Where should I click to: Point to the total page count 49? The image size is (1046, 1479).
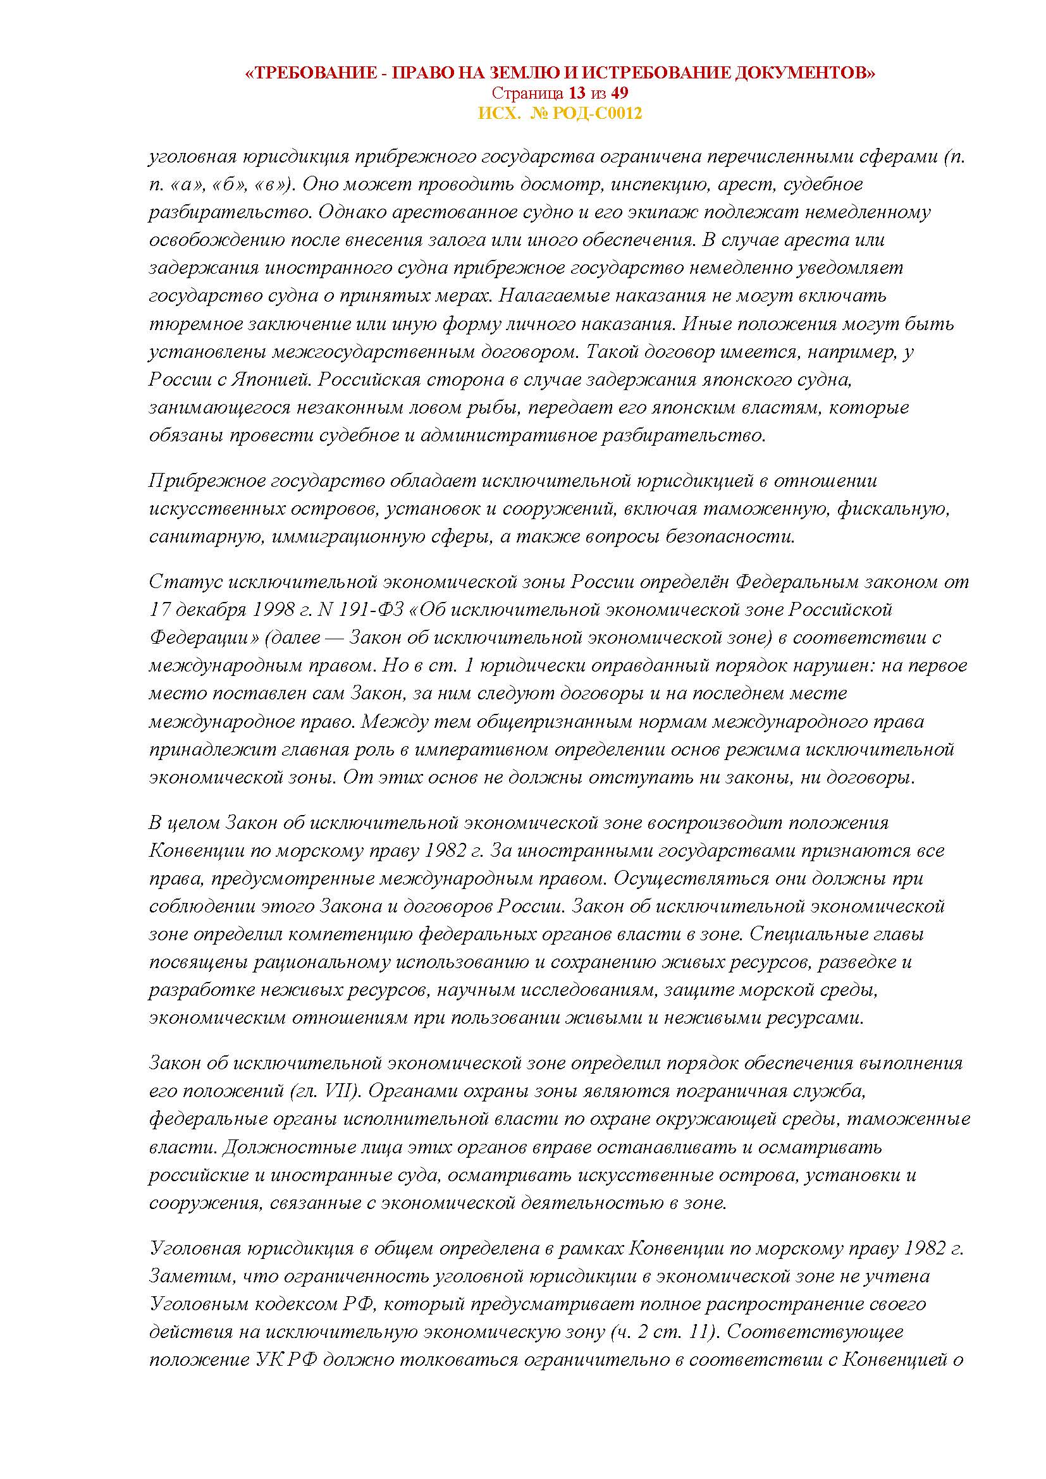coord(621,94)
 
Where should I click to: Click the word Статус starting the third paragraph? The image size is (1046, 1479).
coord(177,582)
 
